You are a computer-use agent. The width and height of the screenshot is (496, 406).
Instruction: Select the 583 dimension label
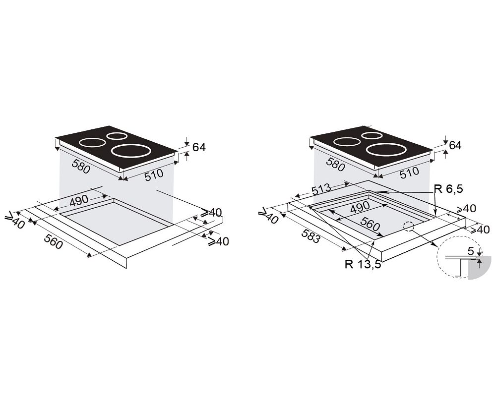click(x=310, y=236)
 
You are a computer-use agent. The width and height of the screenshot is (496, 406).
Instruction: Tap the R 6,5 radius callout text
click(x=448, y=189)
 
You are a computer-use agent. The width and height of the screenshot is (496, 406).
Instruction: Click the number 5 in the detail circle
click(x=471, y=251)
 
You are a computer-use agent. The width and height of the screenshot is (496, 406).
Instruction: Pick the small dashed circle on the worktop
click(x=408, y=227)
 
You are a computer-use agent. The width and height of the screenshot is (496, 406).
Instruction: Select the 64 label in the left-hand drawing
click(x=199, y=147)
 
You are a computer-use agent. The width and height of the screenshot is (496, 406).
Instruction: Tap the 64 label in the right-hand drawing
click(x=455, y=145)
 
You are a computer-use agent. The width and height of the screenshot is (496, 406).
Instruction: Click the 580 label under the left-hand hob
click(x=81, y=167)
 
